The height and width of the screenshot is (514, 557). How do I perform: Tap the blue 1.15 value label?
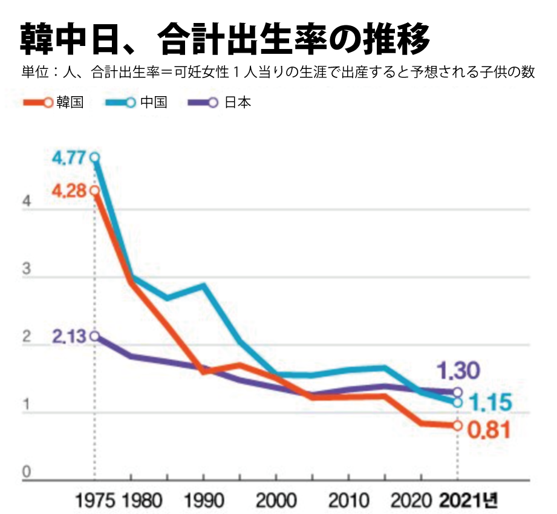tap(490, 402)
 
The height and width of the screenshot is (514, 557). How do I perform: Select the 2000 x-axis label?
tap(276, 501)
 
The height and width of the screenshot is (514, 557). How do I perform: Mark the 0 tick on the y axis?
tap(26, 472)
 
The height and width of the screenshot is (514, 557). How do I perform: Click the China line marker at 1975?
tap(95, 158)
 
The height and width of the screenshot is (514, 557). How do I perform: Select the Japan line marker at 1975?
tap(95, 336)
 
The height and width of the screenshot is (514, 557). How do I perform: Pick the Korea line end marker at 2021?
tap(457, 426)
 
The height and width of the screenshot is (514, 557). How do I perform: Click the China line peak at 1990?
tap(203, 285)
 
